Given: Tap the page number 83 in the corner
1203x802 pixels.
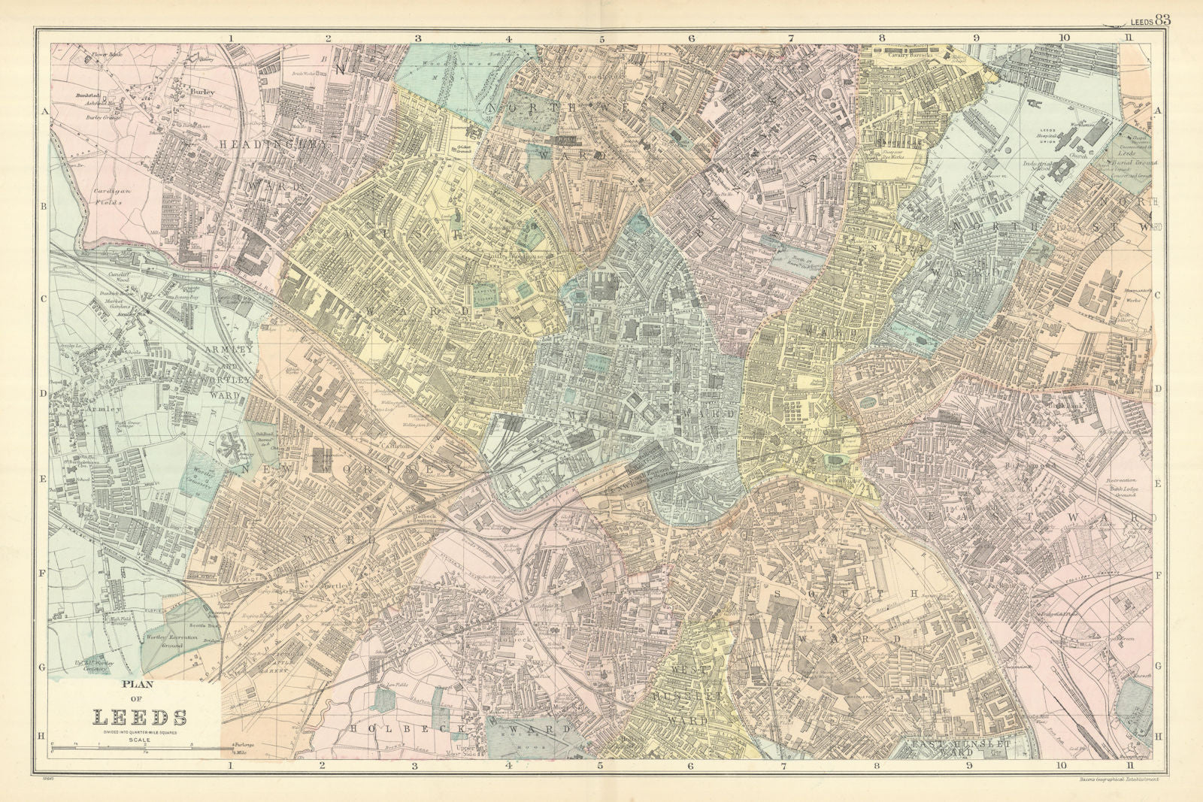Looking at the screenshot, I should coord(1162,20).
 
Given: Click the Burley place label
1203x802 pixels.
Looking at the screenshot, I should coord(202,92).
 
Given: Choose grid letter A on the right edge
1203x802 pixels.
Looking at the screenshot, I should coord(1158,110).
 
